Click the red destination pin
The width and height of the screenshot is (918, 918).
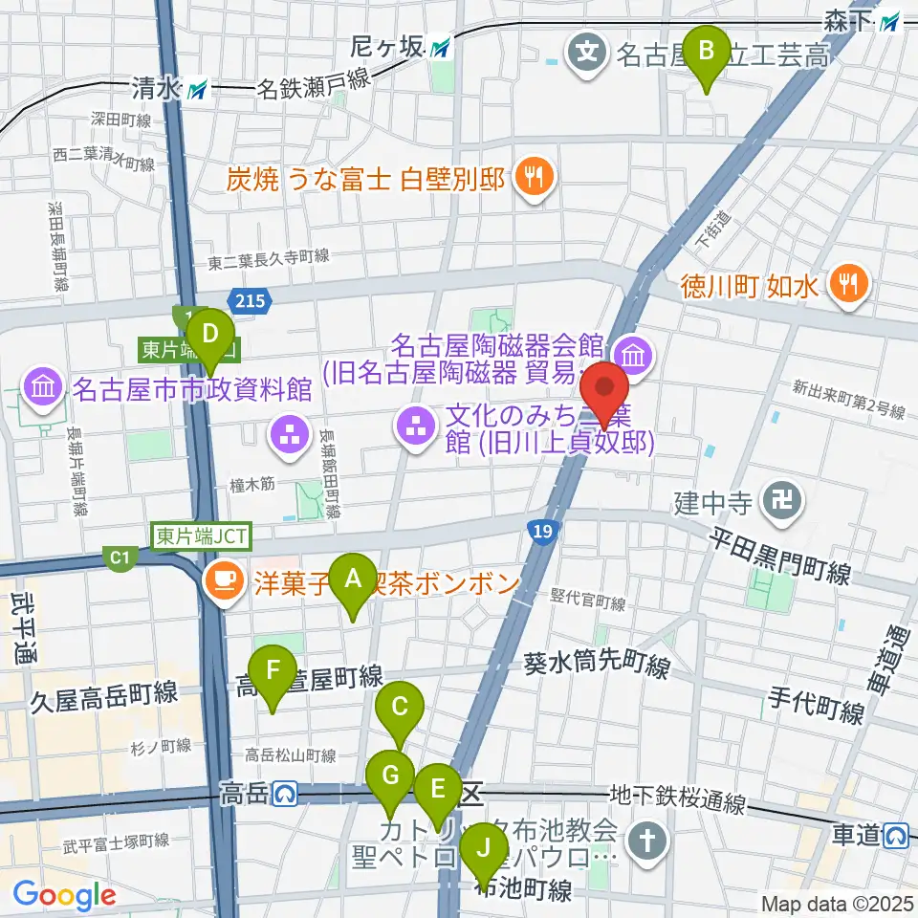605,395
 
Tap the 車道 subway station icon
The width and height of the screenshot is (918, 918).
896,835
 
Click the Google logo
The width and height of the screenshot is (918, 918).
64,895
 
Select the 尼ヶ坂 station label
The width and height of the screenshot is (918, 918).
400,45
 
